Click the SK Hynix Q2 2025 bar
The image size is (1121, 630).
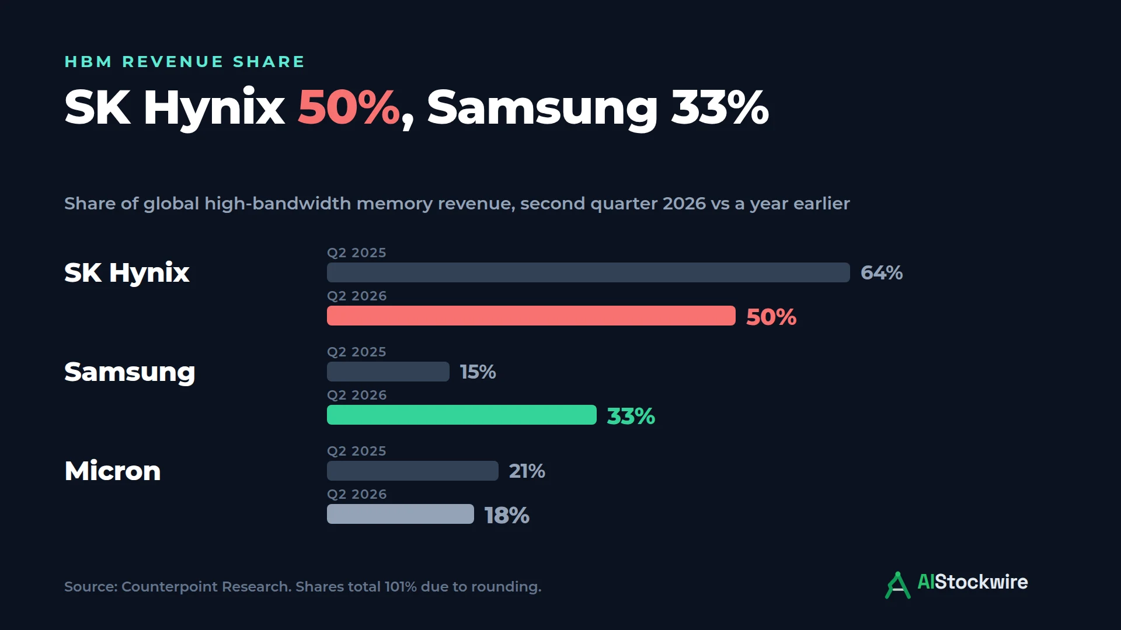(588, 272)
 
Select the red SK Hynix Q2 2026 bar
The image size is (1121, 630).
(531, 316)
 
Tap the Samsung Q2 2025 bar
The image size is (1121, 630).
(388, 372)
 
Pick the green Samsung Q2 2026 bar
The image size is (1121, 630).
(461, 415)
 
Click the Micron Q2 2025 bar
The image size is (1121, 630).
(412, 471)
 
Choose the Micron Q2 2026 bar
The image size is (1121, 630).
(400, 514)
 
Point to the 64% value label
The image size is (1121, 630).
(882, 272)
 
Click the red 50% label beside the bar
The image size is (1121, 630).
(771, 317)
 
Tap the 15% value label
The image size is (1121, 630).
(478, 372)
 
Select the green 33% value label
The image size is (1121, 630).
(631, 416)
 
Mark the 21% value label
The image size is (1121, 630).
(527, 471)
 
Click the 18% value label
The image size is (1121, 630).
(507, 515)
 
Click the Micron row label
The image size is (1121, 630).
(113, 471)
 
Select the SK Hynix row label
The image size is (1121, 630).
(127, 273)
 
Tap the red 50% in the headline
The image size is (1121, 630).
(349, 107)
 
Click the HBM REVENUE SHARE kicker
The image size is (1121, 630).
(184, 62)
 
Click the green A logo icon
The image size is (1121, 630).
(897, 585)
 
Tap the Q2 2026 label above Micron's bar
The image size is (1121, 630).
(357, 494)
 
